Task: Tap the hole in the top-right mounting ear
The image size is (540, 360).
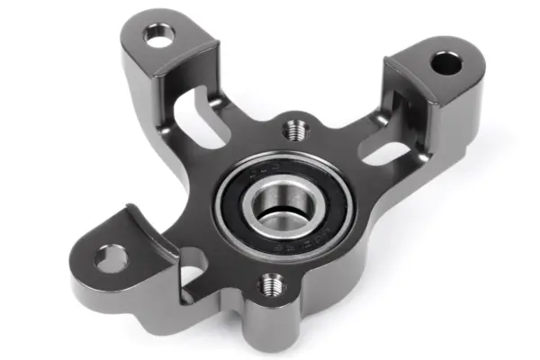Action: [445, 64]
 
